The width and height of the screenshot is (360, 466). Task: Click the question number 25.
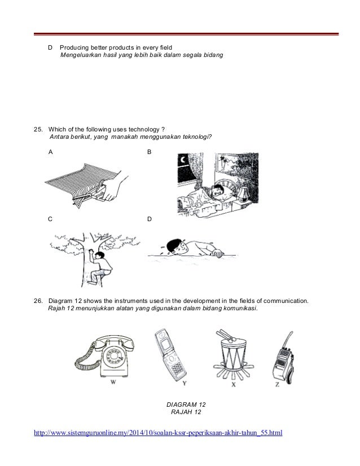pos(39,129)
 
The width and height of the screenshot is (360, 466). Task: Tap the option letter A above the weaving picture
pos(51,153)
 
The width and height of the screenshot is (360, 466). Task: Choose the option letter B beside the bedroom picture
pos(149,153)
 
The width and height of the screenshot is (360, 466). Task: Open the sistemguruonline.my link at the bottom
pos(159,433)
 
